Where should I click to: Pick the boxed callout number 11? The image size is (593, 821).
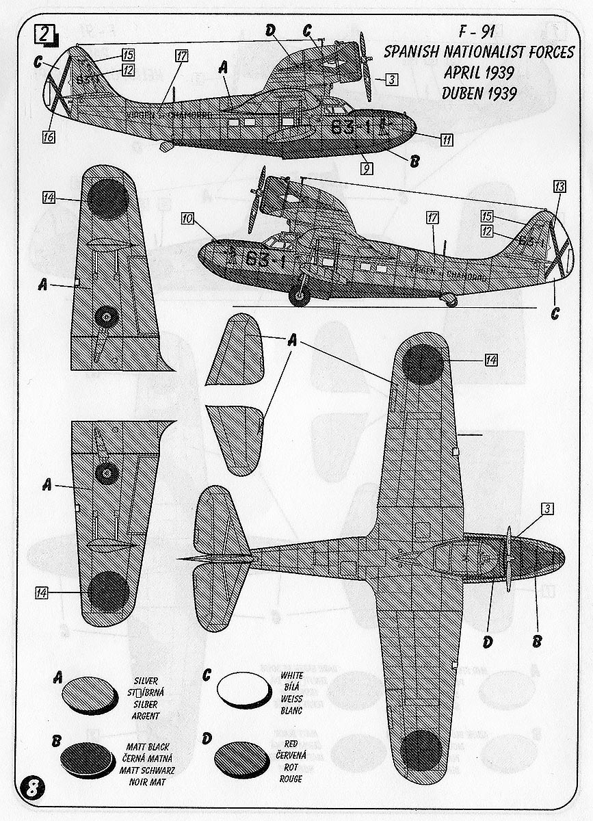pyautogui.click(x=446, y=140)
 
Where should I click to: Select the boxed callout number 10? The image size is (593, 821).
pyautogui.click(x=188, y=219)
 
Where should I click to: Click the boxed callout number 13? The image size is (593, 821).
pyautogui.click(x=560, y=186)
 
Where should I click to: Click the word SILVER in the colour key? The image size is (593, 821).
pyautogui.click(x=147, y=681)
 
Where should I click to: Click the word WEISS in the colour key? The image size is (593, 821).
pyautogui.click(x=291, y=699)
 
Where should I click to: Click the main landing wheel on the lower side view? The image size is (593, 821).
pyautogui.click(x=300, y=296)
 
